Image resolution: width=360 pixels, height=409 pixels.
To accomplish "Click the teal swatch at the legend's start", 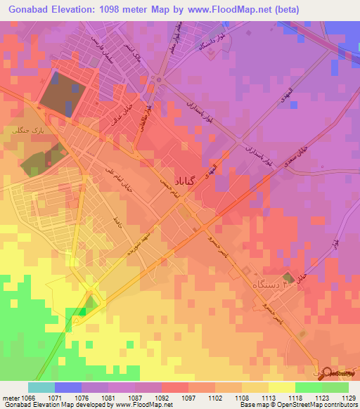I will click(41, 387).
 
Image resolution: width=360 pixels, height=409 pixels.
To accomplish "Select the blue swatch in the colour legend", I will click(68, 387).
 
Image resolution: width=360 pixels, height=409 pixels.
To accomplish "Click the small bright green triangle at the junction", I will click(82, 310).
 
